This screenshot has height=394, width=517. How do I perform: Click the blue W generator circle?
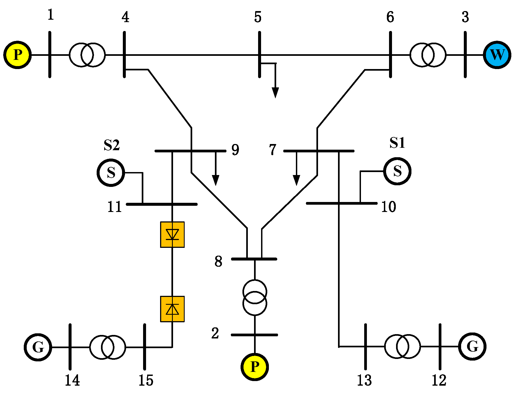497,55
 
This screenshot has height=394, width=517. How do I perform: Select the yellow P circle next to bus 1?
18,55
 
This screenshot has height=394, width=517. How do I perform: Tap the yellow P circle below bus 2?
255,367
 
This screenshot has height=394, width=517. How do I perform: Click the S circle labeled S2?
111,173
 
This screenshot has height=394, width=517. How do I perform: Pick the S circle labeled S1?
397,171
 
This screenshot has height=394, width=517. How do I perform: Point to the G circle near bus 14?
38,347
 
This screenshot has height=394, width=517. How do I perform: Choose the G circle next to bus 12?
472,347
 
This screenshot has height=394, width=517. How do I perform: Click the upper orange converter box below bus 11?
172,234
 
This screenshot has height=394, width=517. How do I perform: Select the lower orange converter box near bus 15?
172,309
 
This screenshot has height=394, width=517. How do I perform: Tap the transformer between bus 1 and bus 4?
87,55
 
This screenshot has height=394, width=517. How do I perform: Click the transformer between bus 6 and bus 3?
428,55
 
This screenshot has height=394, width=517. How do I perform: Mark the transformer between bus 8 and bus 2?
255,297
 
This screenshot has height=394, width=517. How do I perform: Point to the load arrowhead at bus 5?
275,93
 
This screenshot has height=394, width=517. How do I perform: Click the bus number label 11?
114,207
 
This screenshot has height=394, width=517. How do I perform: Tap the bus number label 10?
388,207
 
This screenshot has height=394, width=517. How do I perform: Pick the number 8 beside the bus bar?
218,261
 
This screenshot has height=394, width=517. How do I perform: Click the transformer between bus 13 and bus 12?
402,347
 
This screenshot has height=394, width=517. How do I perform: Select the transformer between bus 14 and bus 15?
107,347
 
